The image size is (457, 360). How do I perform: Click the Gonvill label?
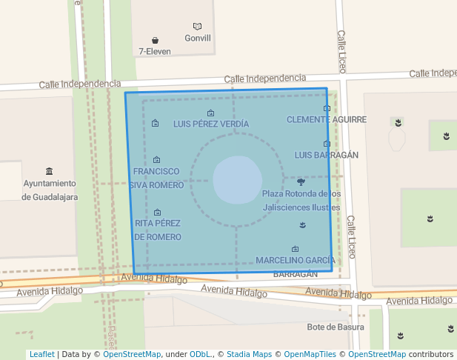pos(198,39)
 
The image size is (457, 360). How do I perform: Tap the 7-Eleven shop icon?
pos(156,40)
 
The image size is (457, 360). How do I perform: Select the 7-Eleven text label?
pos(155,52)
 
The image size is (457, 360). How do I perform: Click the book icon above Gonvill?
pos(197,27)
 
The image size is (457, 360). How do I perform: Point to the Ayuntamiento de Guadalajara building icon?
pos(50,171)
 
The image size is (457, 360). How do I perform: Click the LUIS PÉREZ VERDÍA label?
pos(211,124)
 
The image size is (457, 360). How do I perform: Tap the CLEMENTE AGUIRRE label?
pos(327,119)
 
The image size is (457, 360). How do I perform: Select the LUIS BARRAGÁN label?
pos(327,155)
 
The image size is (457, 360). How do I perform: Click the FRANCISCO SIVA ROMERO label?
pos(156,179)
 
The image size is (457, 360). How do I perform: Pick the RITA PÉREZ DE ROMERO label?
pos(158,230)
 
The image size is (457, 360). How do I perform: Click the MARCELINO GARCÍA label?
pos(296,261)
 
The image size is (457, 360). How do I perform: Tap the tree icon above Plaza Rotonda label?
pos(301,181)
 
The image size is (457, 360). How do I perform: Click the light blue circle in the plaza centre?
pos(237,180)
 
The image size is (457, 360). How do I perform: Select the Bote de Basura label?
pos(336,327)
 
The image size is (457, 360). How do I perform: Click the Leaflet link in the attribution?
pos(42,354)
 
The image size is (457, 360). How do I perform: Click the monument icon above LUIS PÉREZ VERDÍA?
pos(211,113)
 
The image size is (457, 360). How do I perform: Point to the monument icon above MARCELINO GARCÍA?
pos(296,249)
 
